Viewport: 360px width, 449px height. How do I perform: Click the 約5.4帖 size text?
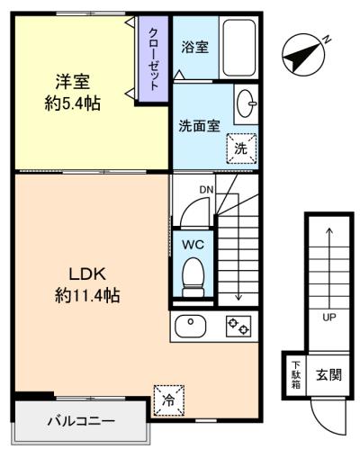click(71, 103)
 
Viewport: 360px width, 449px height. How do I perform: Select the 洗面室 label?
click(199, 126)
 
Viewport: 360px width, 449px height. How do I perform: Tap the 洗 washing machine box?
click(240, 148)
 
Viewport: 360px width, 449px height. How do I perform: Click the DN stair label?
click(206, 189)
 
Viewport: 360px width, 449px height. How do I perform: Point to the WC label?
click(193, 244)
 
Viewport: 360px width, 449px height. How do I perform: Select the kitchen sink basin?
click(192, 326)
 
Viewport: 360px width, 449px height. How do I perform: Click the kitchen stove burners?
click(238, 327)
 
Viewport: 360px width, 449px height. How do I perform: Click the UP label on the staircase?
click(328, 317)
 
